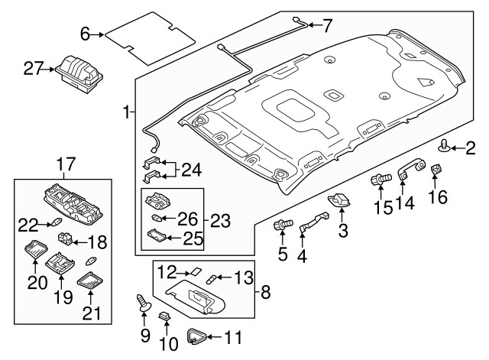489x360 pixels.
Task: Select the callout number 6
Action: tap(85, 33)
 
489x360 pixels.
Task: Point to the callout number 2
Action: tap(470, 147)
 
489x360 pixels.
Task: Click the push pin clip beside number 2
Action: tap(445, 145)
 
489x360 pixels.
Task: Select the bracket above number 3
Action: tap(339, 199)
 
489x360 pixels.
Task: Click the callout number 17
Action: tap(66, 163)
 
